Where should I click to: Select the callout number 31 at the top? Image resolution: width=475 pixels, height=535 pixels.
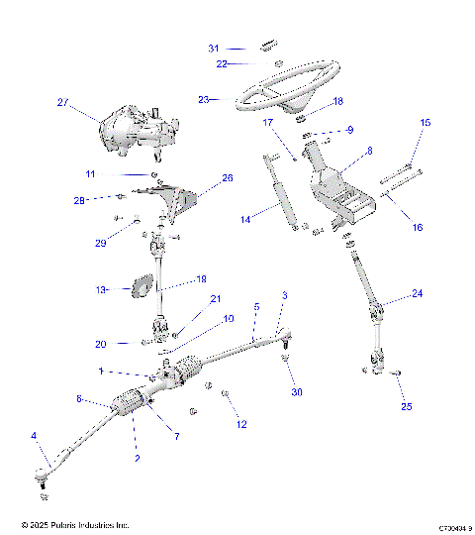click(x=214, y=48)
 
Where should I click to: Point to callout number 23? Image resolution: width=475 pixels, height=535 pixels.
click(x=205, y=99)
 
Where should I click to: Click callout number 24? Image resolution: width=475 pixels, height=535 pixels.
click(x=417, y=293)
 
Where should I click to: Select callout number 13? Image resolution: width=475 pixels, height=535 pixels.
click(x=100, y=289)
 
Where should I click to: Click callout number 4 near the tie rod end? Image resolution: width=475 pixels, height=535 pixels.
click(x=34, y=435)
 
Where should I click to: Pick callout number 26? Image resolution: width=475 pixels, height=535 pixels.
click(x=228, y=179)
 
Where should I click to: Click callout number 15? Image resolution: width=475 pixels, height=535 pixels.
click(x=427, y=122)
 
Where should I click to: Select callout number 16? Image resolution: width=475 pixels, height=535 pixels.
click(x=417, y=227)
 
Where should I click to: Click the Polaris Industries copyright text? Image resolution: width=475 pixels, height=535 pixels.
click(x=74, y=525)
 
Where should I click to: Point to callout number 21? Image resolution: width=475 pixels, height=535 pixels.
click(x=215, y=299)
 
